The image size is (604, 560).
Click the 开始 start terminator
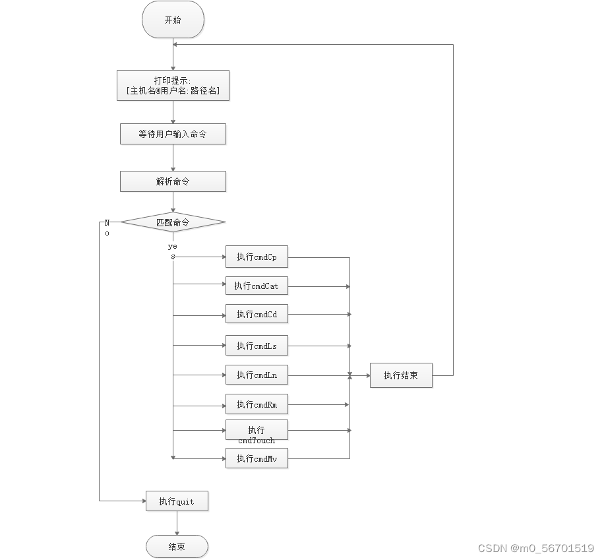173,20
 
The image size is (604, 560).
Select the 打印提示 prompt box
173,85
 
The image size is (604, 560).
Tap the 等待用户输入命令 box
173,134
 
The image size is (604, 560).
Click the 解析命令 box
173,181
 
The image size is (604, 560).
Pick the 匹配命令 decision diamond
173,222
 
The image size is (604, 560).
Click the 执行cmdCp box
257,257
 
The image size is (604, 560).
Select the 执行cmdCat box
257,286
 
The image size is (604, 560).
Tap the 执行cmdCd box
257,315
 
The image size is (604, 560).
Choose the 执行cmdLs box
257,346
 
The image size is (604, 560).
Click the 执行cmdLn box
257,375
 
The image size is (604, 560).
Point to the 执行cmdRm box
257,404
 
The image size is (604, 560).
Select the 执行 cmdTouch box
257,431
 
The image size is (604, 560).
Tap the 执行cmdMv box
257,458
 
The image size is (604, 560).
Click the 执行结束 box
401,375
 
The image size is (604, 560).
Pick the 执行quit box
177,501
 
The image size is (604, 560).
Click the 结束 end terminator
177,547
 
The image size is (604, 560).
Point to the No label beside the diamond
107,228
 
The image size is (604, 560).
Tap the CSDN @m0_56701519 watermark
535,548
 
